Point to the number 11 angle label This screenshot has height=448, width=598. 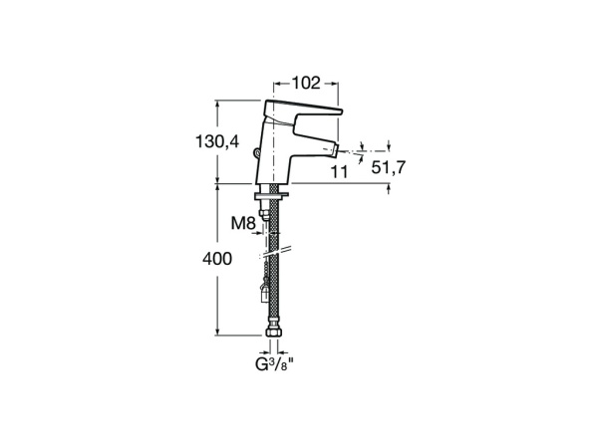(x=339, y=172)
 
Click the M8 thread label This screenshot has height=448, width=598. (x=243, y=223)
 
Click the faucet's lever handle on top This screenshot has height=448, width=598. (x=304, y=111)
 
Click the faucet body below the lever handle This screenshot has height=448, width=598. (x=282, y=149)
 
